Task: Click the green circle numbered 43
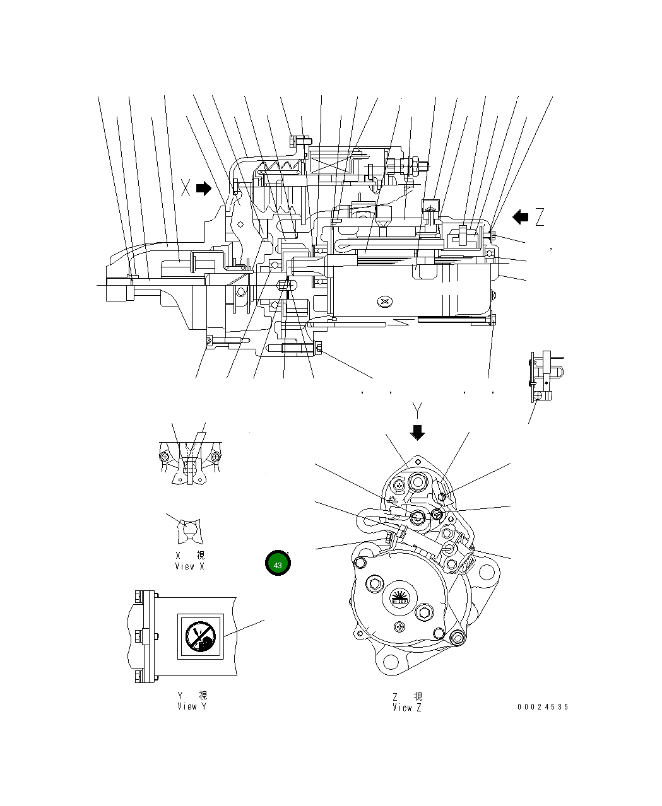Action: [278, 564]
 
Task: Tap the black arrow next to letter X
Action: [204, 189]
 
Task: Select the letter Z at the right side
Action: [540, 218]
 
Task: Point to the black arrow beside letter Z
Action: [521, 218]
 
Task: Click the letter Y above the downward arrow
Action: [417, 411]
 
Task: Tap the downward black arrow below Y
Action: [417, 432]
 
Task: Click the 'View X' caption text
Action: [189, 566]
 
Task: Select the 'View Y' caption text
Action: [191, 706]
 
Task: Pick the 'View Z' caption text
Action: [407, 707]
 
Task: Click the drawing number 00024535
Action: [543, 707]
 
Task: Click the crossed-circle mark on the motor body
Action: [385, 301]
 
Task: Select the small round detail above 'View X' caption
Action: [189, 531]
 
